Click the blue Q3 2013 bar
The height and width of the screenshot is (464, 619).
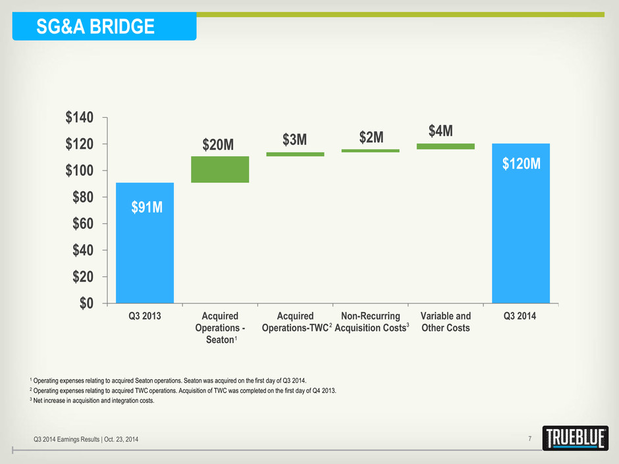[145, 243]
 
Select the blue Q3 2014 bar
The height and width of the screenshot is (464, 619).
[521, 223]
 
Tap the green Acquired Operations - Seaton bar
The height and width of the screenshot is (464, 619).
[220, 169]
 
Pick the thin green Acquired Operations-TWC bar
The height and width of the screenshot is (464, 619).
[295, 154]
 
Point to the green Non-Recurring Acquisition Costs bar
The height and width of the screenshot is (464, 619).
[370, 151]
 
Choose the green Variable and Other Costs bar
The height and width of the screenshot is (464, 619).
[445, 146]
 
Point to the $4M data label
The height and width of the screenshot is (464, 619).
[440, 130]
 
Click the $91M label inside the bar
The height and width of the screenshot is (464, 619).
[145, 208]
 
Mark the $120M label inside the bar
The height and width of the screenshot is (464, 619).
[521, 163]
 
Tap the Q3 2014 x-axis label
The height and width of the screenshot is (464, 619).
[520, 317]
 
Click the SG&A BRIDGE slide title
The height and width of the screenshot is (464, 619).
[97, 26]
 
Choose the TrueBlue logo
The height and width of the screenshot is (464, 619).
[570, 438]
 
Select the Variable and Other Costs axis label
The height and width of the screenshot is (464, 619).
[445, 322]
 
